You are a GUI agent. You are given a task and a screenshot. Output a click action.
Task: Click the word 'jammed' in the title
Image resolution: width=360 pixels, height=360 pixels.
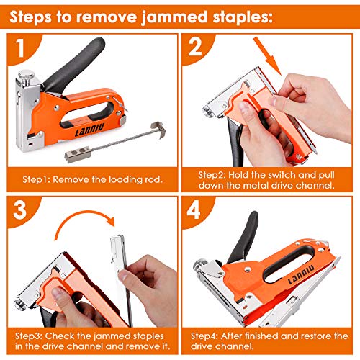(x=208, y=14)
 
